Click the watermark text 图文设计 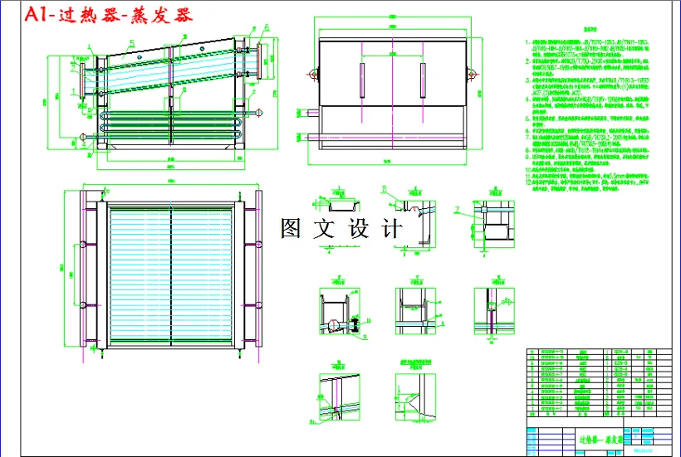[341, 229]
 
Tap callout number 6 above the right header [267, 27]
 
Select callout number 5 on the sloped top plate [130, 40]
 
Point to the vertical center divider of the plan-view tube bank [171, 275]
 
